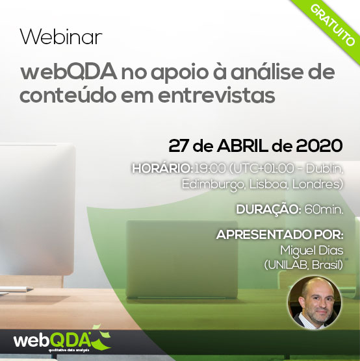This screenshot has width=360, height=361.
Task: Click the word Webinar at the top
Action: (x=61, y=37)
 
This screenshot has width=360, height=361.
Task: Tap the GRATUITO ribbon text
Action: (x=332, y=25)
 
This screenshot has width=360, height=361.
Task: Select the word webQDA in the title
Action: (x=68, y=72)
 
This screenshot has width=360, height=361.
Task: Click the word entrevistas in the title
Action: (x=216, y=95)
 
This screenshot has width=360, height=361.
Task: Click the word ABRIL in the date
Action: (x=242, y=146)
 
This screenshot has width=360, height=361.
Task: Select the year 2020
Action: (x=319, y=146)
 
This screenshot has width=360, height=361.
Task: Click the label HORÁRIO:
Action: (x=162, y=169)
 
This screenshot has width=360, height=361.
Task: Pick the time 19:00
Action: (x=210, y=169)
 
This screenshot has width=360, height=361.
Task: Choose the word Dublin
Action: (x=324, y=169)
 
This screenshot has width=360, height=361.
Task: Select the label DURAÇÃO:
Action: (x=269, y=210)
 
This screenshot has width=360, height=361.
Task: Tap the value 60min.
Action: (x=324, y=210)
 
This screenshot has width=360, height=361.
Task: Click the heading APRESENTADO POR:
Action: (x=279, y=235)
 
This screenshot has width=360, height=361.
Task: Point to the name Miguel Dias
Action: (x=312, y=251)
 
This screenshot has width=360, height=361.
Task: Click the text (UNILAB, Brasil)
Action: (x=303, y=265)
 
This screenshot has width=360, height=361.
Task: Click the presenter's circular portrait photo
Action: (x=315, y=303)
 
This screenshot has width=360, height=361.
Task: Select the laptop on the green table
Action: (x=182, y=260)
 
